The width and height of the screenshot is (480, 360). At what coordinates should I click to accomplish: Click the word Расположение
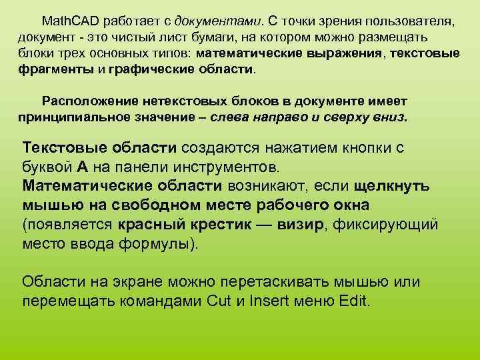click(x=89, y=101)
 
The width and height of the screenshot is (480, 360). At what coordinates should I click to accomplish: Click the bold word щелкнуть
click(x=391, y=185)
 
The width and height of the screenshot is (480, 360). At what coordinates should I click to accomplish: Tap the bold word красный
click(x=151, y=224)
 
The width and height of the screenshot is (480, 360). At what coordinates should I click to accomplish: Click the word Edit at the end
click(x=354, y=300)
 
